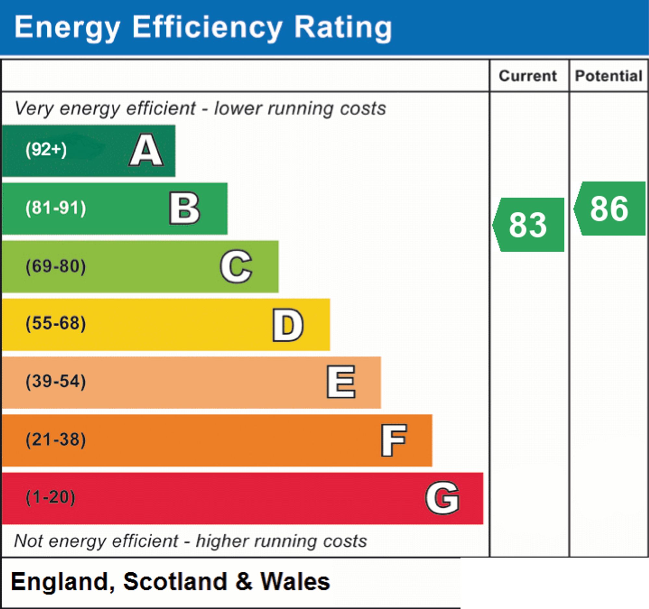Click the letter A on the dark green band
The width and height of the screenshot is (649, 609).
pos(146,150)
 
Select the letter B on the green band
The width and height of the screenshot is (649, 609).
pos(184,208)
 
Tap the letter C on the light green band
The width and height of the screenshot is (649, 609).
pos(236,266)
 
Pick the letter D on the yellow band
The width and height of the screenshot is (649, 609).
pos(288,325)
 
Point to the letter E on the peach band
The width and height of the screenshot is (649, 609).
pos(341,382)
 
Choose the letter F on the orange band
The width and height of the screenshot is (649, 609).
pos(394,440)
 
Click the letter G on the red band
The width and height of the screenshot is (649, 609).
pos(442,498)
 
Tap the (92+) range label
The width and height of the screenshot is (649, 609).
pos(46,150)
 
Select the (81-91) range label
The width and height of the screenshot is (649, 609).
pos(56,208)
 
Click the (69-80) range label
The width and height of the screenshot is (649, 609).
pos(56,266)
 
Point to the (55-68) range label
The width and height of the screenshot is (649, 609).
pos(56,324)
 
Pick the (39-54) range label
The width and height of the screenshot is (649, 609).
pos(56,381)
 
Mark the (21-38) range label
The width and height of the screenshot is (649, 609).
pos(56,439)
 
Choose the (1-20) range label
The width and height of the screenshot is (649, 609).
pos(51,497)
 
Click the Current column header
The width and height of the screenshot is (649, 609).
pos(528,76)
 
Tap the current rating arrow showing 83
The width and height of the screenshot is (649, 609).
pos(528,225)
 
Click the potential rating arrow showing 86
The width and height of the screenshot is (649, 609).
pos(609,209)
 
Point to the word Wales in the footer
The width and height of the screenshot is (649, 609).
pos(295,582)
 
